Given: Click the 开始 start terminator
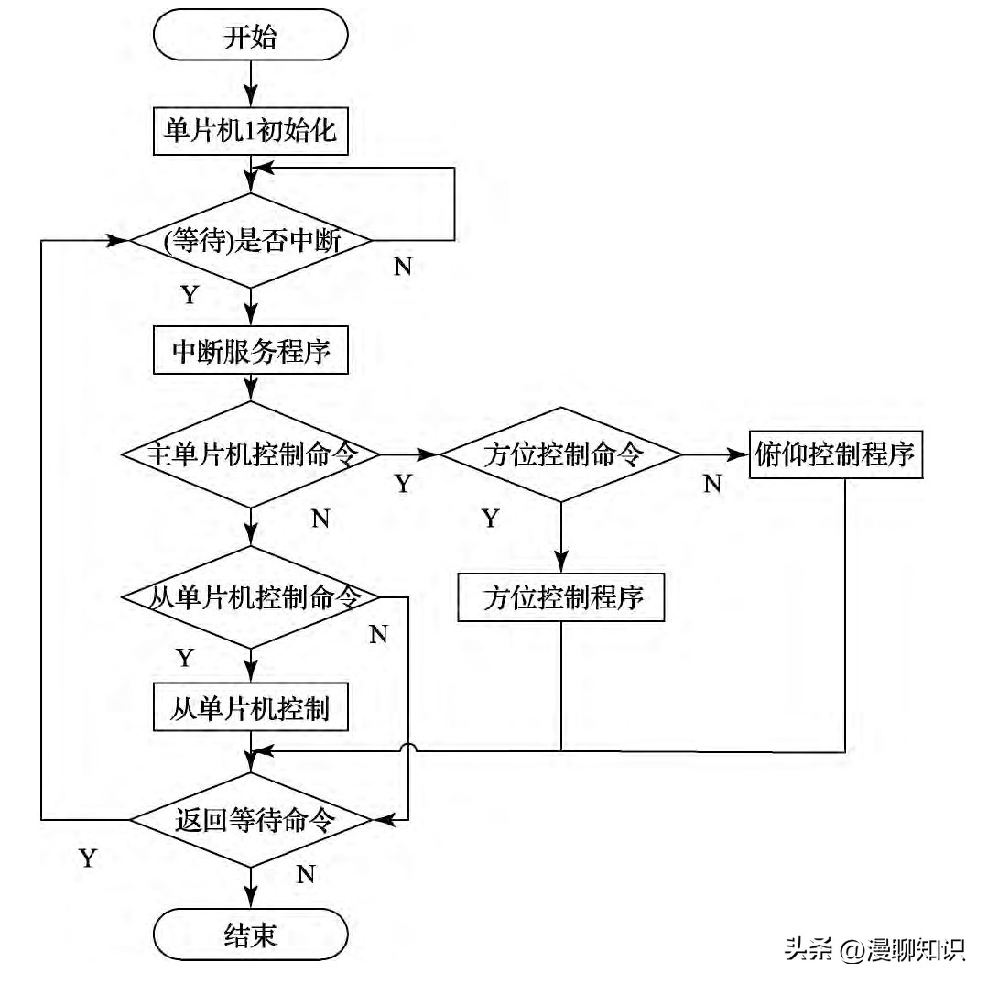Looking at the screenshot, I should point(250,38).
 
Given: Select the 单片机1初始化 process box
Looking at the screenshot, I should point(250,130).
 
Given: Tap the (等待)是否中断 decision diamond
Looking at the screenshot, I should point(250,242).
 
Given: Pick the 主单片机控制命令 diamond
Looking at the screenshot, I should point(250,454).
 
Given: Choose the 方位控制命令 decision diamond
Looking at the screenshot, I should point(561,454).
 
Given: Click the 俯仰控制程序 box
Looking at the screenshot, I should point(836,454).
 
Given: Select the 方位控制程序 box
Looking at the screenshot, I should point(561,598).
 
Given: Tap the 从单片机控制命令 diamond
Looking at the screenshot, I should point(250,597).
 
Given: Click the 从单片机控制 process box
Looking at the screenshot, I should point(250,708).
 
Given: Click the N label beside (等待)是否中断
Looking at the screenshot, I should point(403,267).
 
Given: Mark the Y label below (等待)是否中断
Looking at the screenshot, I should point(190,295).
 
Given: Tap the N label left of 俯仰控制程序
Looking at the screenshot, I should point(711,484).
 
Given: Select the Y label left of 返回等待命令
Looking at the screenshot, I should point(88,858).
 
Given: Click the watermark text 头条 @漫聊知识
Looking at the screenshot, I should point(874,949).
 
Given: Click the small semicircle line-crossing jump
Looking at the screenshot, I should point(407,749).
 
